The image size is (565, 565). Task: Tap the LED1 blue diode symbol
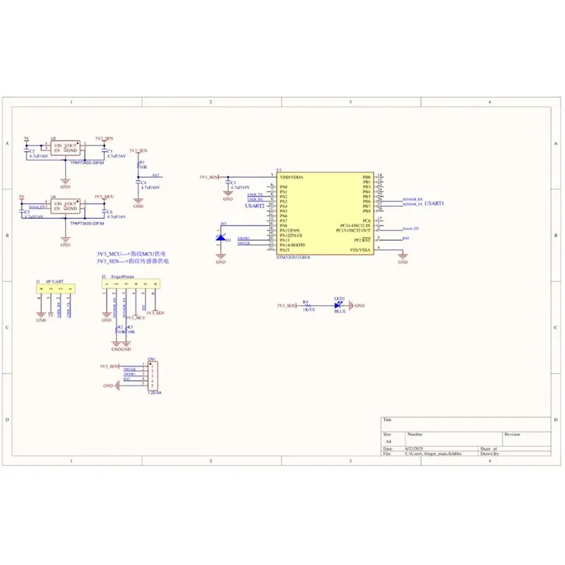click(338, 305)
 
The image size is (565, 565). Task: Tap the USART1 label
click(433, 203)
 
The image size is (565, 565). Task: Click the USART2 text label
click(254, 206)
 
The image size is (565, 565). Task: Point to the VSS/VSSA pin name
click(359, 250)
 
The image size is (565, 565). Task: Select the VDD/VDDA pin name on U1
click(292, 177)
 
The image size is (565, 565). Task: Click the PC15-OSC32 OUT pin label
click(354, 231)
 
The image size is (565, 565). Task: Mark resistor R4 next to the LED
click(307, 305)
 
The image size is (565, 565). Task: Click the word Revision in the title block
click(512, 434)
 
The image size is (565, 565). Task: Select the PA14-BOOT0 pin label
click(293, 245)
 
